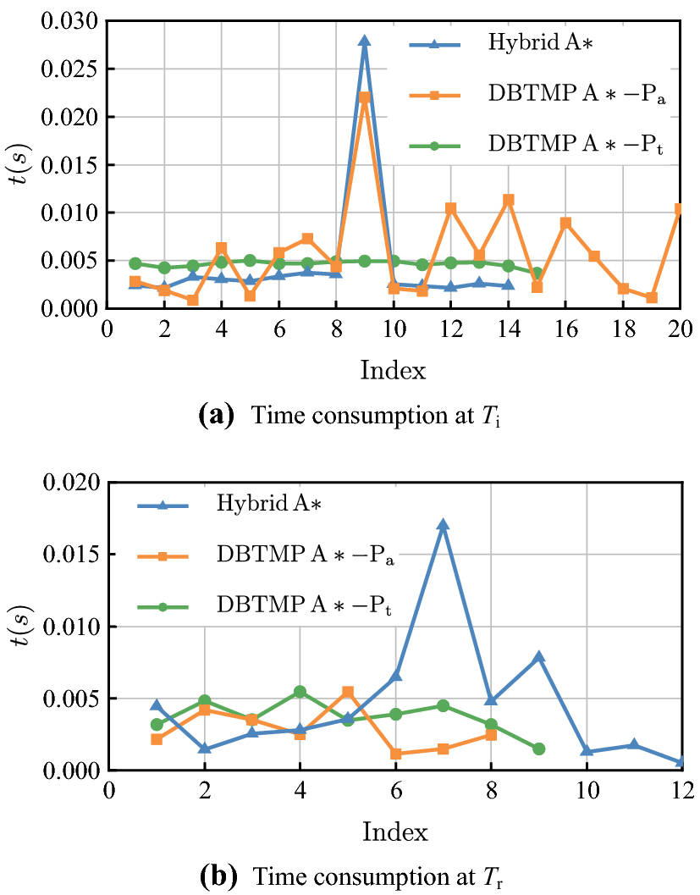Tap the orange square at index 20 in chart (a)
coord(680,209)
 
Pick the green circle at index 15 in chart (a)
coord(537,273)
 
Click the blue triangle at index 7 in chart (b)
coord(443,525)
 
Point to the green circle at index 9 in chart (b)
coord(539,749)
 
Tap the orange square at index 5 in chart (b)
coord(347,692)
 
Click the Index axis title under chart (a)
coord(393,369)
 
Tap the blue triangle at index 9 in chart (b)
coord(539,656)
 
